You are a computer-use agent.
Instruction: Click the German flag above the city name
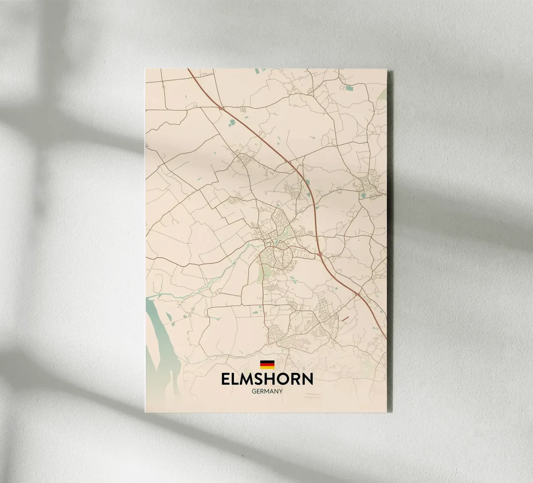point(267,364)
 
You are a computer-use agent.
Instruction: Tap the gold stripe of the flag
point(267,368)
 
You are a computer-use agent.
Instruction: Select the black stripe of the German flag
point(267,361)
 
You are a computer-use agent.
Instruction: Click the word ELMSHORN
point(267,379)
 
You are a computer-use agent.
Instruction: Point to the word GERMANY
point(267,391)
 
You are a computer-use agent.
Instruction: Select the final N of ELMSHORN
point(306,379)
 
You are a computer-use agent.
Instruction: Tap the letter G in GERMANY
point(254,391)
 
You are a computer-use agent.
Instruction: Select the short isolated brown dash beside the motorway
point(345,319)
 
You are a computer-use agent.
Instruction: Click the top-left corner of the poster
point(145,69)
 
